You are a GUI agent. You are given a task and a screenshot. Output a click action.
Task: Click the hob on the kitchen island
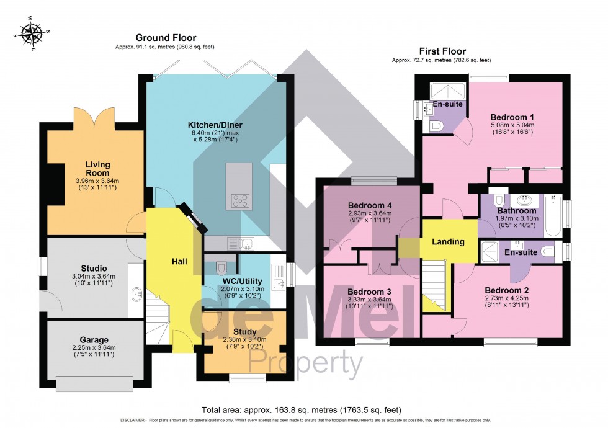click(x=241, y=200)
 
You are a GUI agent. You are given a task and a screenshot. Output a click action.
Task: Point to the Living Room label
click(x=97, y=169)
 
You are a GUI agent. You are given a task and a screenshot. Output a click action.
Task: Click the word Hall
click(x=179, y=262)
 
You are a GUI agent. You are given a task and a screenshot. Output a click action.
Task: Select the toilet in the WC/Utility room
click(x=220, y=268)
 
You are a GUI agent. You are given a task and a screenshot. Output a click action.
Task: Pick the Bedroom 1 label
click(x=512, y=117)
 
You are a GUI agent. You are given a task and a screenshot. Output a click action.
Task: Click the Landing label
click(x=449, y=242)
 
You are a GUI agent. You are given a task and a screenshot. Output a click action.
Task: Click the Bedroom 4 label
click(x=369, y=205)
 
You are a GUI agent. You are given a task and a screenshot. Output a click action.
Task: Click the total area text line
click(x=302, y=410)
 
